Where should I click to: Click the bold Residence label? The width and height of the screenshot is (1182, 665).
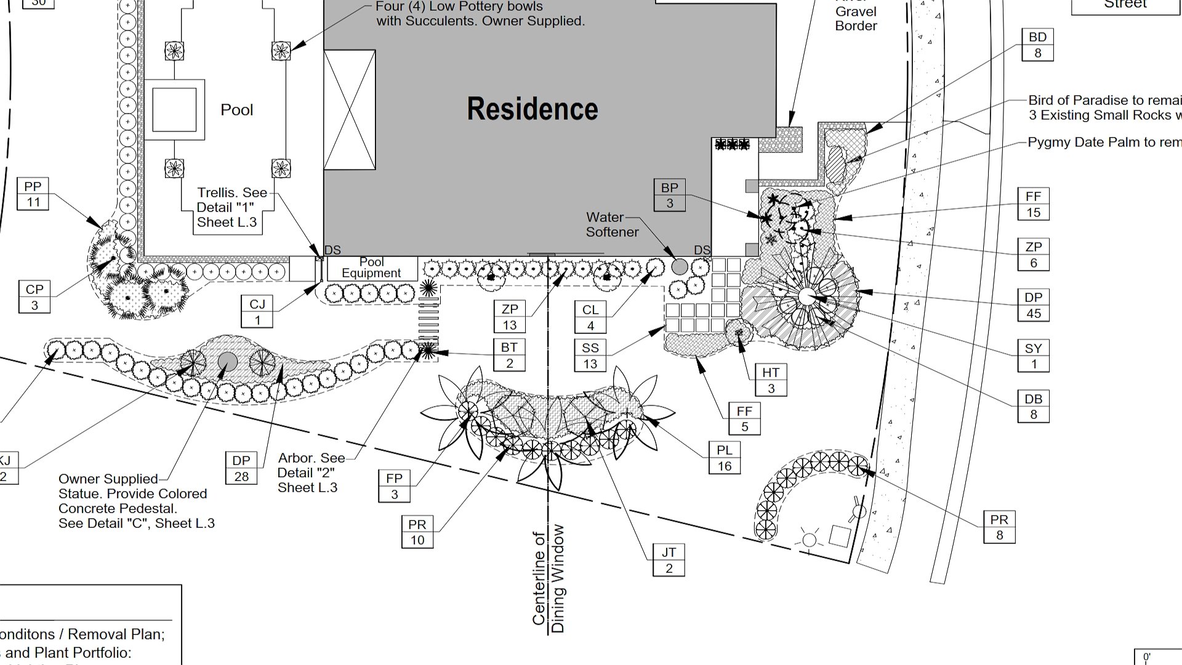[x=532, y=109]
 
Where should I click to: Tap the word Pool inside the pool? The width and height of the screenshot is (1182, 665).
[x=236, y=110]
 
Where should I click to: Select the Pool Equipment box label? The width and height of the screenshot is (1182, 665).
[x=371, y=268]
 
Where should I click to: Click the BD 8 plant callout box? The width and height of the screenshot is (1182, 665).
[x=1037, y=45]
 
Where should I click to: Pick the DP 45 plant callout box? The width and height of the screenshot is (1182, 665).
[x=1033, y=305]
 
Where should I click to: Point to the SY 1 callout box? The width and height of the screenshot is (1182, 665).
[x=1033, y=356]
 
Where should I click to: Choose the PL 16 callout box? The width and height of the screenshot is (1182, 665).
[x=724, y=458]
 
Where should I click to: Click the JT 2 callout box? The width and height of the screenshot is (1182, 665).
[x=669, y=560]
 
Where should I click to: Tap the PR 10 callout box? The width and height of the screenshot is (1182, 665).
[x=417, y=532]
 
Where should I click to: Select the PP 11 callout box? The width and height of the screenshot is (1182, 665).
[x=33, y=194]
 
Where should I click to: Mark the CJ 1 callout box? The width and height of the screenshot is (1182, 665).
[x=257, y=312]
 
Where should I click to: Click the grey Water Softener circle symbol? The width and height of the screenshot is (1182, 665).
[x=679, y=267]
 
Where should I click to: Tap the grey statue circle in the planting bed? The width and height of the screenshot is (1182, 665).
[x=228, y=361]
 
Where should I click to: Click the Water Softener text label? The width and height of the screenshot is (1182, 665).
[x=612, y=225]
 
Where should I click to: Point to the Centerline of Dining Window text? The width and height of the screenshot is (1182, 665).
[x=549, y=579]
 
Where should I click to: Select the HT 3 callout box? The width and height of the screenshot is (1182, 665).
[x=770, y=380]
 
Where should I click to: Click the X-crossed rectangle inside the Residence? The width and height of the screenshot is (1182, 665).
[x=350, y=110]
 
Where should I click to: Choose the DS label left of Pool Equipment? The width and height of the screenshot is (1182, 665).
[x=332, y=250]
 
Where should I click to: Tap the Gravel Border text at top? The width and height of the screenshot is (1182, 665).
[x=856, y=18]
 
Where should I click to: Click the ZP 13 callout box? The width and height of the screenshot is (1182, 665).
[x=510, y=316]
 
